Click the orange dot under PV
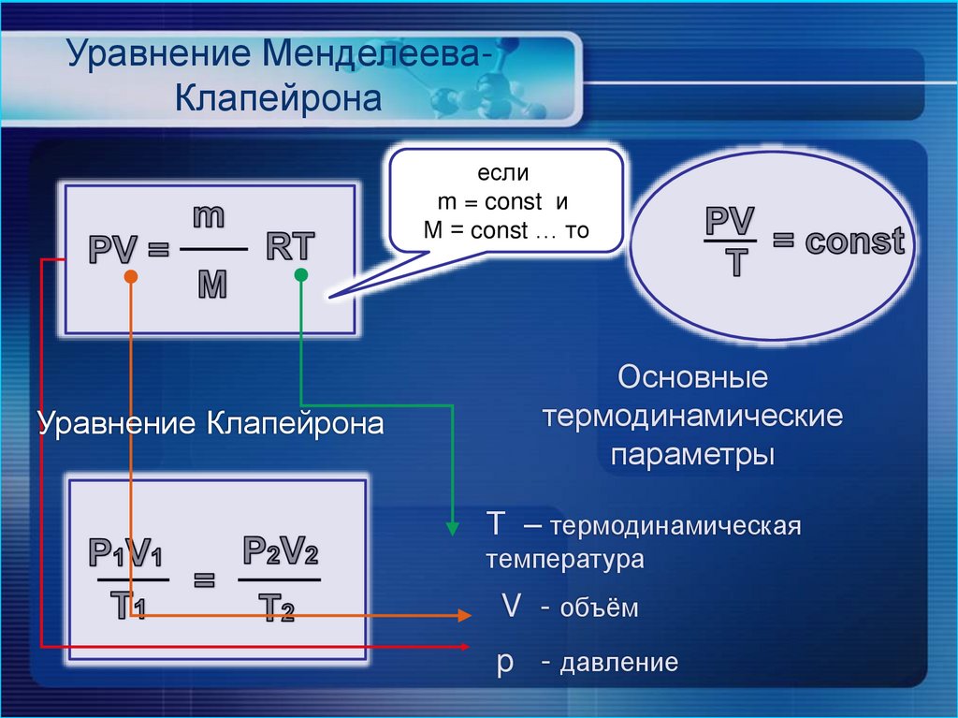132,277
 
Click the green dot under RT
300,275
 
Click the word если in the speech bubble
503,172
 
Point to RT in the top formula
291,246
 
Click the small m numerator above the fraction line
209,216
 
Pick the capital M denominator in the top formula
212,284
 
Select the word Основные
693,378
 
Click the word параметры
692,455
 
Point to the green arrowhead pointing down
452,528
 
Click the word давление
618,664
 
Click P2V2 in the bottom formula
280,551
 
